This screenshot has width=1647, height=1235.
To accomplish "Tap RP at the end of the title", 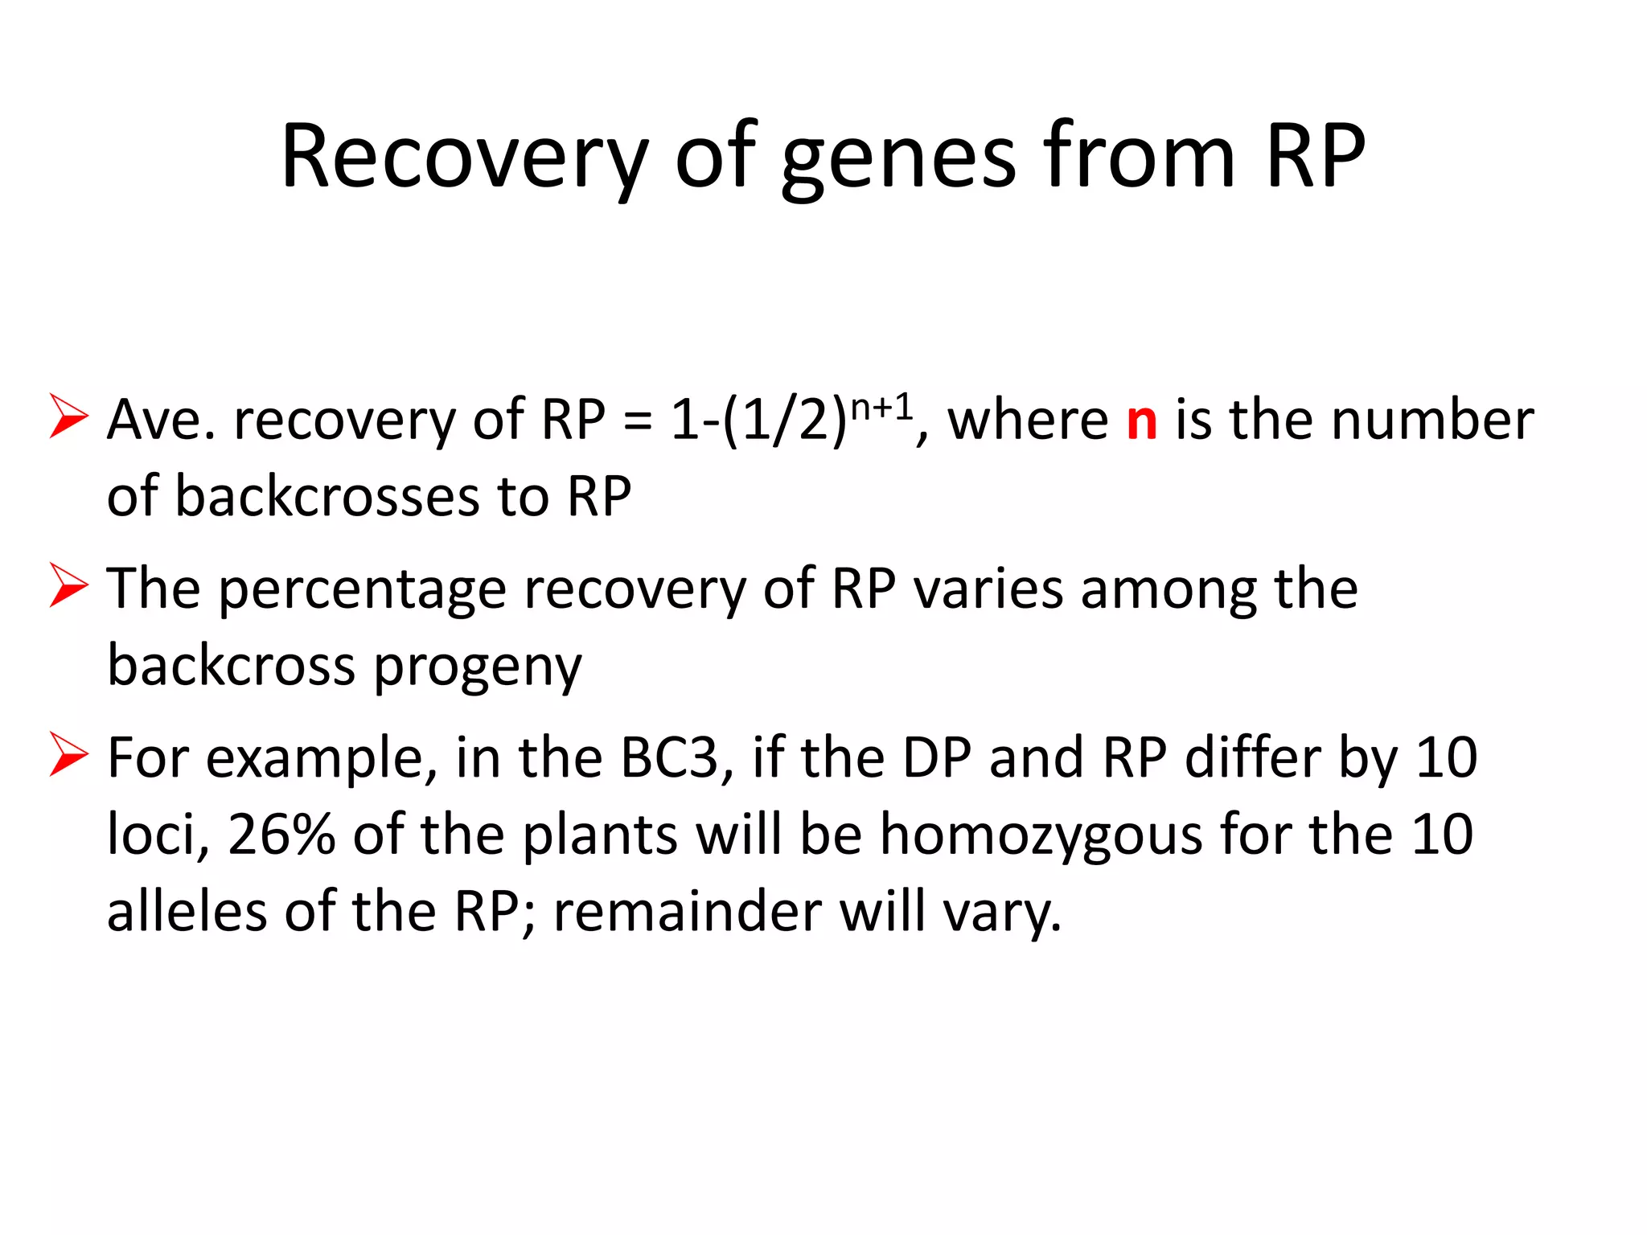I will click(1314, 157).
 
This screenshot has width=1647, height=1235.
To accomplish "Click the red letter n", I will click(1142, 421).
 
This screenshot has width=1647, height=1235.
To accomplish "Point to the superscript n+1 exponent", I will click(882, 408).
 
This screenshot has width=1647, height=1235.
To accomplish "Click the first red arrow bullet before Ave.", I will click(68, 416).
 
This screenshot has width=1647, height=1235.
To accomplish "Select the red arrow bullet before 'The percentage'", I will click(68, 585).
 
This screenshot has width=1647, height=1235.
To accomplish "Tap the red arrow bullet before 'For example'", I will click(68, 753).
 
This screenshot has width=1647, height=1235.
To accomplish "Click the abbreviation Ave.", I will click(161, 420).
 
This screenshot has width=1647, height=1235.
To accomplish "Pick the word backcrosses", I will click(327, 496).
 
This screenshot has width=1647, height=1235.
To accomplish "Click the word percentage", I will click(362, 590).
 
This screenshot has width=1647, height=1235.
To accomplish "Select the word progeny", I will click(478, 667).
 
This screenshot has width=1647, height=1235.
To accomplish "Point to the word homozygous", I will click(1041, 835).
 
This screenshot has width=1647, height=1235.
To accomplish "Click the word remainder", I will click(688, 912).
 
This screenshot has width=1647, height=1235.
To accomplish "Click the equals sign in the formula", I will click(637, 421).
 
